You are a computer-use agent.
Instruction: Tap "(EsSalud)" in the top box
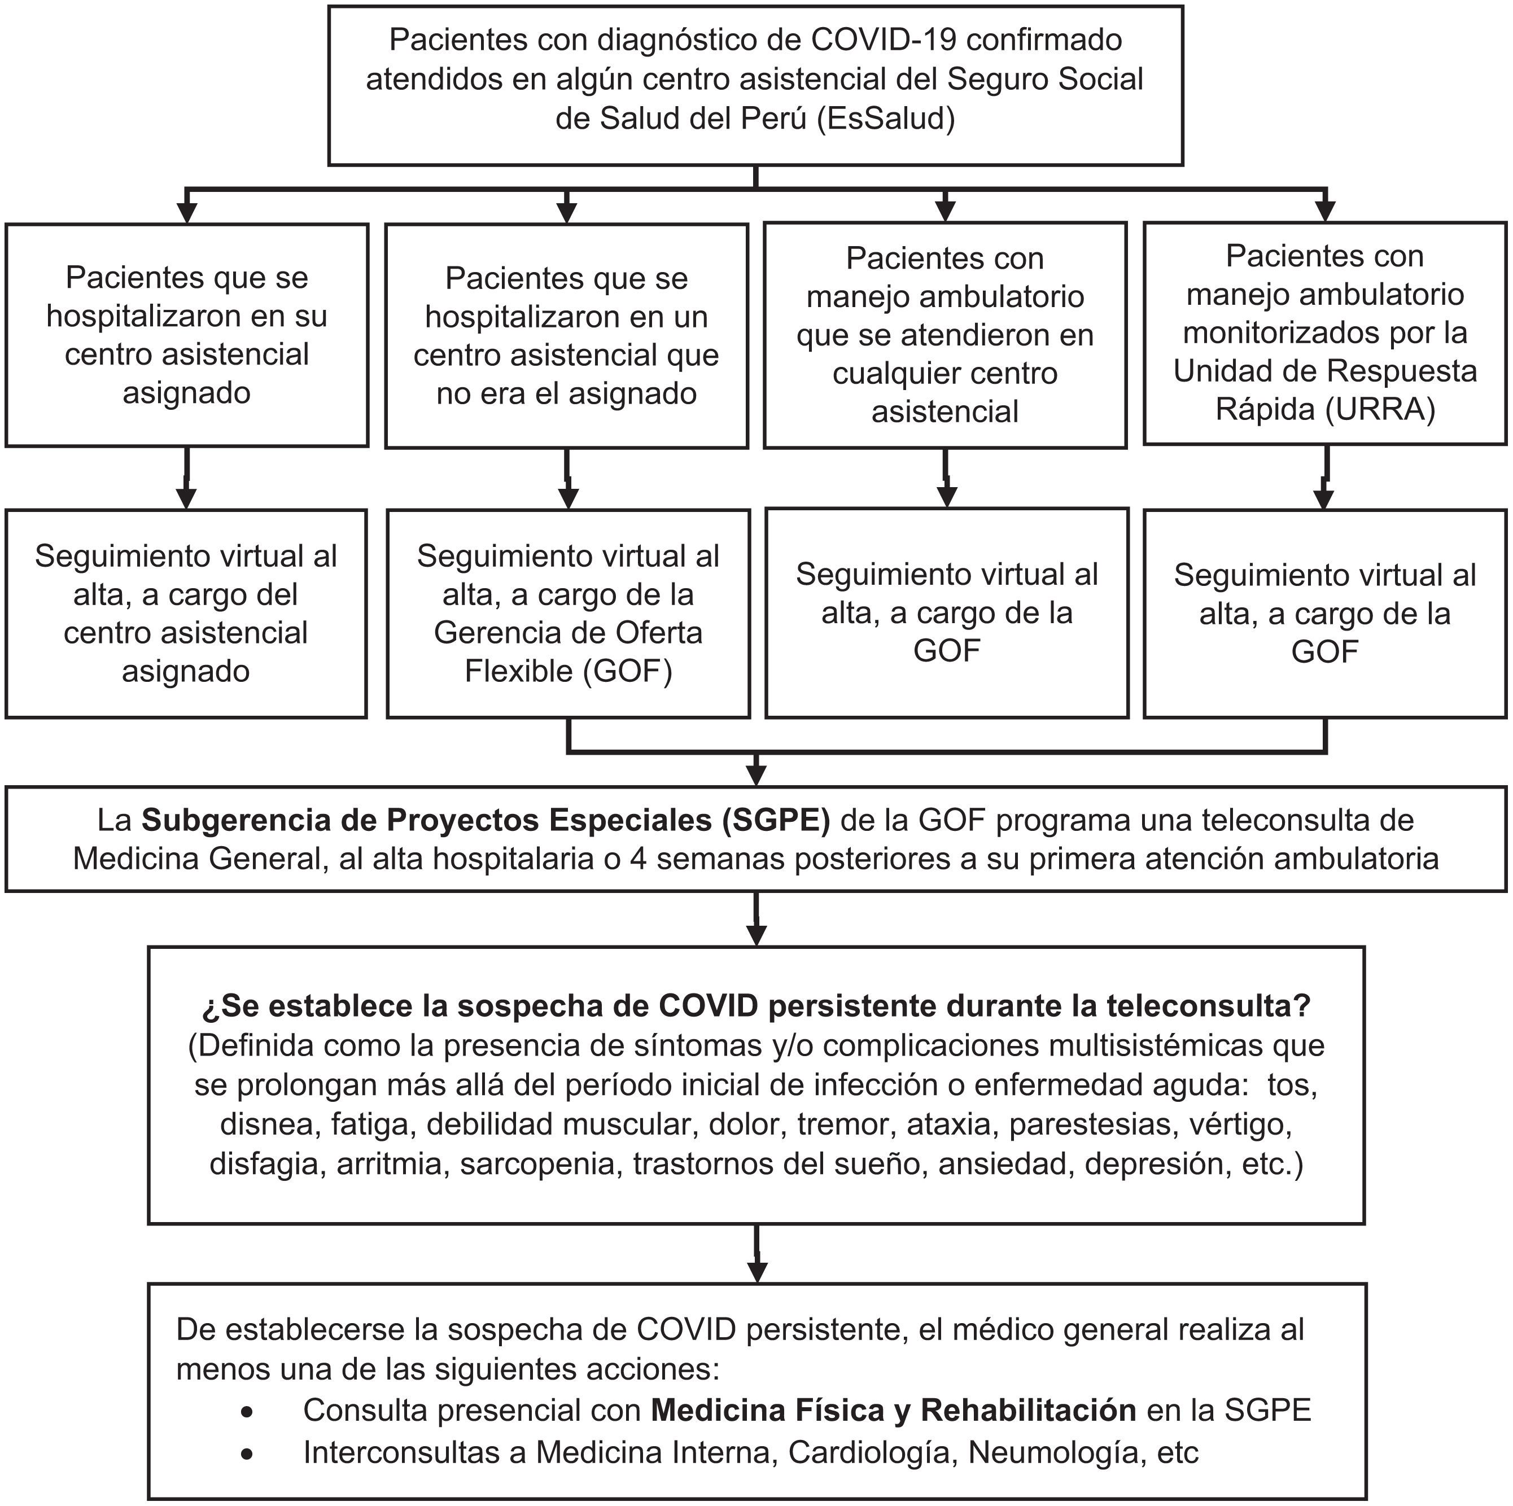tap(886, 118)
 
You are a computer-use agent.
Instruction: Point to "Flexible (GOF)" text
tap(569, 671)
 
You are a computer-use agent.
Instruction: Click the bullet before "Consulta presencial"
tap(247, 1412)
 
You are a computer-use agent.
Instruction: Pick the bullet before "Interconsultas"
tap(247, 1454)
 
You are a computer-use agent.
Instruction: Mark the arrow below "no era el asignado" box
tap(569, 497)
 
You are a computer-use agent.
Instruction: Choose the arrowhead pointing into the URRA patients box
tap(1325, 212)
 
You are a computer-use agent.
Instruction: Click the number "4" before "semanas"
tap(639, 859)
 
